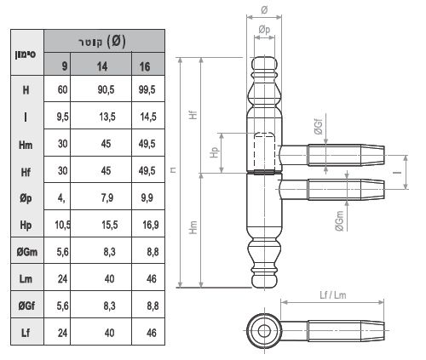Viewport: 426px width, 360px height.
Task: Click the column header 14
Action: [102, 66]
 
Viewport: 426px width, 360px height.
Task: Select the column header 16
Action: [145, 66]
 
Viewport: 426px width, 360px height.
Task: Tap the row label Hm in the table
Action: [26, 145]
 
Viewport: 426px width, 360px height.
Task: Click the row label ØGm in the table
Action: [27, 252]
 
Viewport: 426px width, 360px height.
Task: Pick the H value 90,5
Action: [106, 89]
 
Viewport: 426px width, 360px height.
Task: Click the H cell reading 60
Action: [63, 89]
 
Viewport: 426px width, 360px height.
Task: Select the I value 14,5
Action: [148, 117]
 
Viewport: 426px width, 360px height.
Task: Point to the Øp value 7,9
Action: [107, 197]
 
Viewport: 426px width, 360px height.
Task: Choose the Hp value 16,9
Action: [151, 225]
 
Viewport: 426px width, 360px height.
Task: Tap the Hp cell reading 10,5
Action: [63, 225]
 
